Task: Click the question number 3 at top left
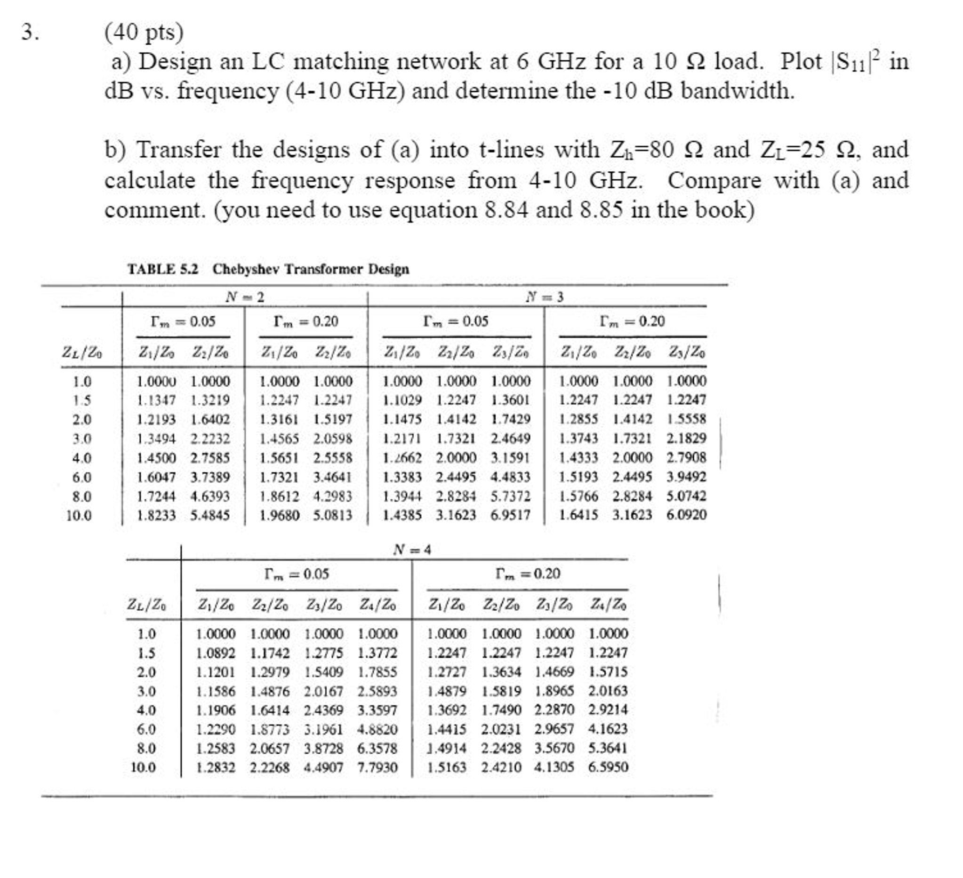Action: [30, 32]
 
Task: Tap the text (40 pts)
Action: [144, 32]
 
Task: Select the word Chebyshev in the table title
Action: [247, 269]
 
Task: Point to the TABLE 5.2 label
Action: [162, 269]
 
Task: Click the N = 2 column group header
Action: [245, 297]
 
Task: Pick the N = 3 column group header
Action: [544, 297]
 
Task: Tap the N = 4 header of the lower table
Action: [412, 550]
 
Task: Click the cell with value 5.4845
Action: [210, 516]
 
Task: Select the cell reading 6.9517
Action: [510, 516]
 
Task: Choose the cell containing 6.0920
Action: [686, 515]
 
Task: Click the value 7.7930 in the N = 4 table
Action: [377, 768]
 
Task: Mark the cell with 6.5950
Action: [608, 767]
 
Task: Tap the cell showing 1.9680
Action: [279, 516]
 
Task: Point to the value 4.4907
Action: [323, 768]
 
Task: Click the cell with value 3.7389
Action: [210, 478]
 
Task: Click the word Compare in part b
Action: [714, 181]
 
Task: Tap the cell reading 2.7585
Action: [210, 458]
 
